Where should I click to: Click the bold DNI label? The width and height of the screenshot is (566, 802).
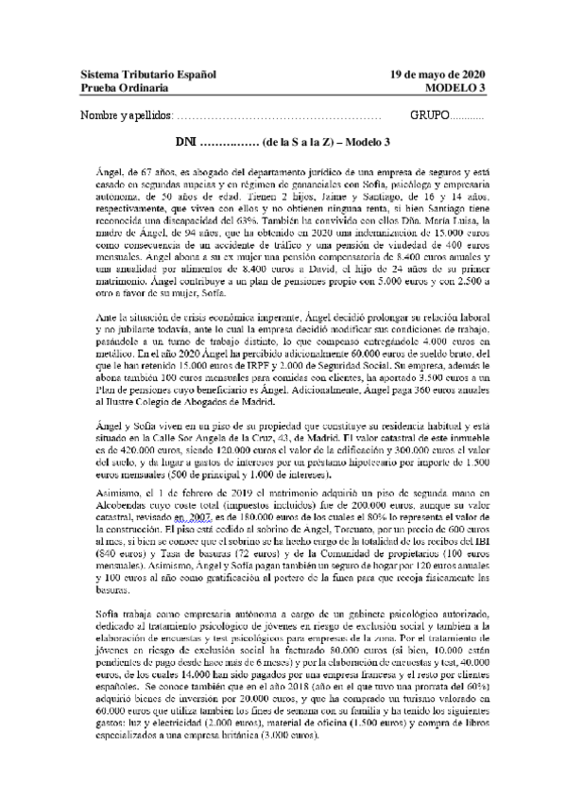coord(186,142)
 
